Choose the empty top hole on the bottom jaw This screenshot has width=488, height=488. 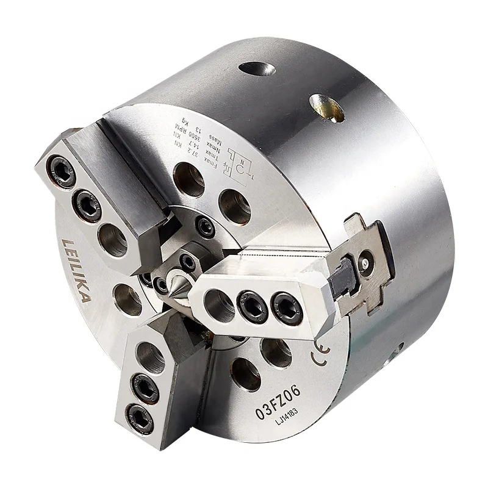click(150, 356)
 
